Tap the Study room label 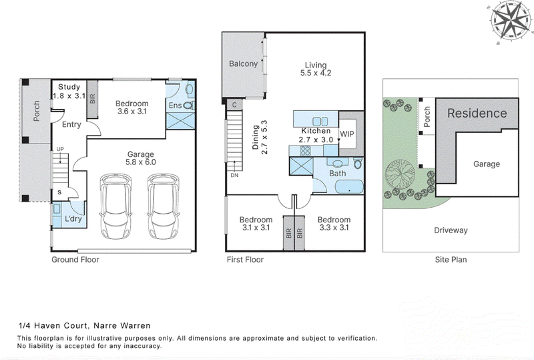69,87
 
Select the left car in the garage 115,206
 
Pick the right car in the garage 163,206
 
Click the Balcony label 243,63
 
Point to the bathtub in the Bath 349,187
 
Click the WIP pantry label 347,134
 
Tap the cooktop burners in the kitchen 305,150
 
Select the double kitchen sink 320,121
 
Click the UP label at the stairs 60,149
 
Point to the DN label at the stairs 234,175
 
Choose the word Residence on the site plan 477,113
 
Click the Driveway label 451,230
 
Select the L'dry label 73,218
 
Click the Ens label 175,106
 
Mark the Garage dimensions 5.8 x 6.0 141,162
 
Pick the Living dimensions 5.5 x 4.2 316,73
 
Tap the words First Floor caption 245,260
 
